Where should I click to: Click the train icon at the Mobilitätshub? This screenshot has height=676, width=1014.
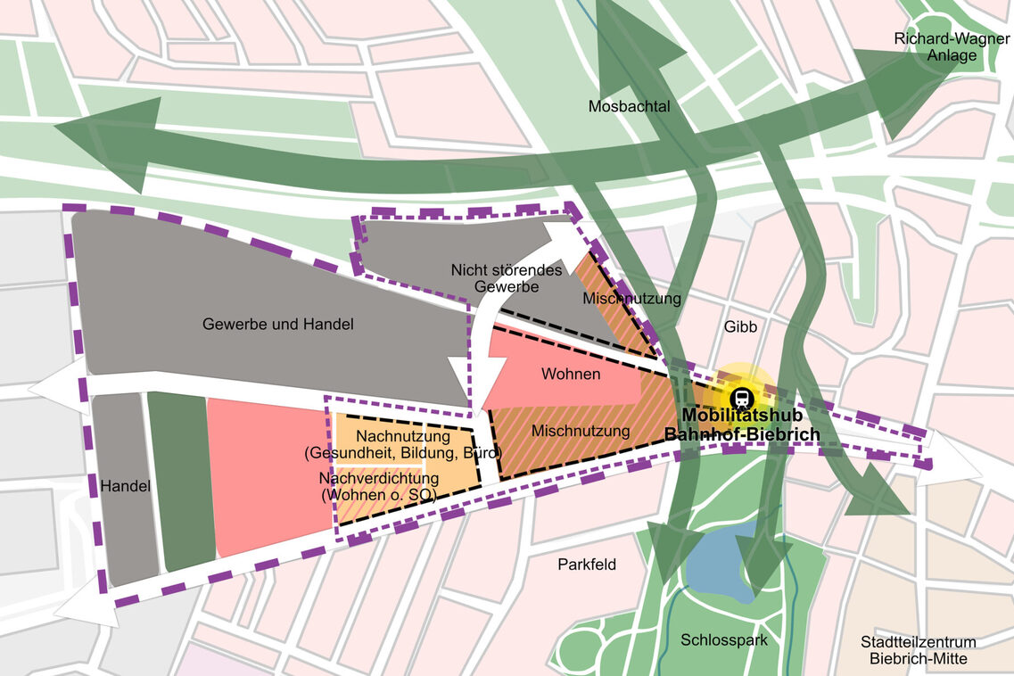click(741, 398)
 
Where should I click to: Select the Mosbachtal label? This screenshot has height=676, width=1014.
click(629, 106)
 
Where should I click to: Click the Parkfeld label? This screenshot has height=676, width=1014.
click(587, 565)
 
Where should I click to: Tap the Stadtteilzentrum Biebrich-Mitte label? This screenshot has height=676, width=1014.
click(918, 650)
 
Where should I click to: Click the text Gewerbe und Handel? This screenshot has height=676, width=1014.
click(277, 324)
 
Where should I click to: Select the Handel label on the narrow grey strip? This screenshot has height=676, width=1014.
click(124, 486)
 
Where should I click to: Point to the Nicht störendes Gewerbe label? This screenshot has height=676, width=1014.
click(507, 278)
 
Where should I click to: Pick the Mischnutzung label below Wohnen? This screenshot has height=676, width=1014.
click(581, 431)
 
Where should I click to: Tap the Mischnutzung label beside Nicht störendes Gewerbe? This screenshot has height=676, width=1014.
click(631, 298)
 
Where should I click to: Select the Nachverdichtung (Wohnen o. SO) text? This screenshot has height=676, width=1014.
click(378, 486)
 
